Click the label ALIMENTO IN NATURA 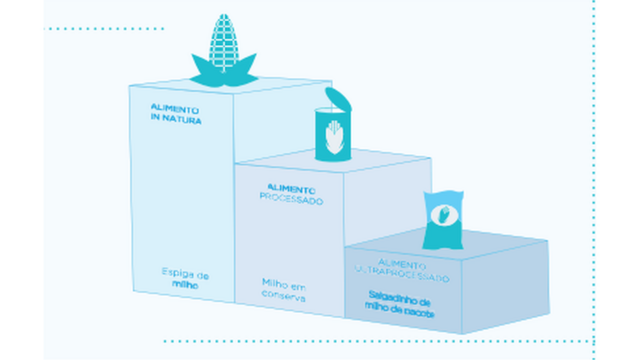(x=175, y=114)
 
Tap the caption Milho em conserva (x=283, y=289)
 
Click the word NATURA (x=181, y=120)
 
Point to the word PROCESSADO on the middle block (x=292, y=200)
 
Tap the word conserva (x=283, y=296)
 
